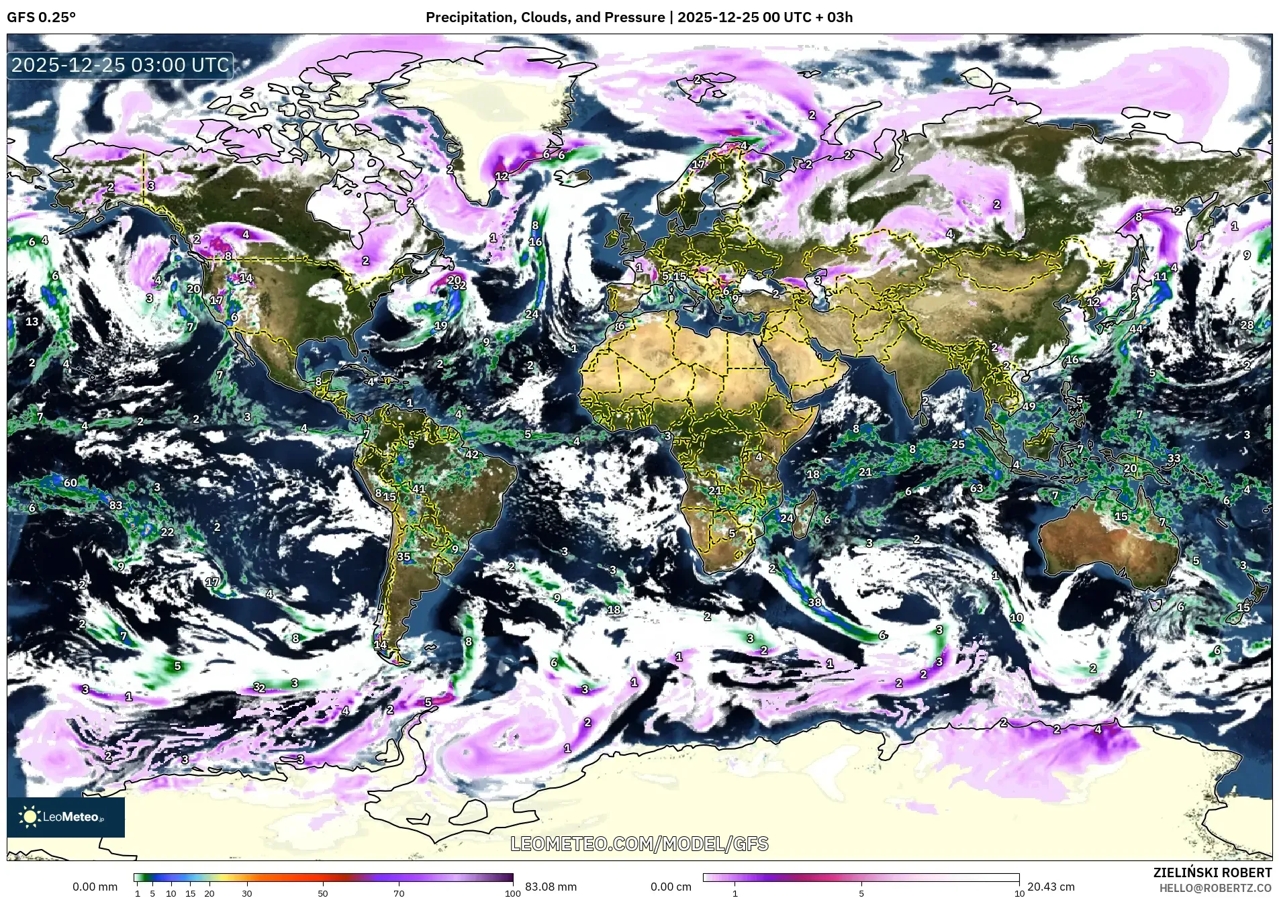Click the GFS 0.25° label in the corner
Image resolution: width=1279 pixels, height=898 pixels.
click(41, 17)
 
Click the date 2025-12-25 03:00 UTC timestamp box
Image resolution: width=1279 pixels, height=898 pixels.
click(121, 65)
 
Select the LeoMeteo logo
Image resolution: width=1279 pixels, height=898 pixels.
click(66, 817)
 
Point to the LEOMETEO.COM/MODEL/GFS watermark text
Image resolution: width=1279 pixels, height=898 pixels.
click(639, 844)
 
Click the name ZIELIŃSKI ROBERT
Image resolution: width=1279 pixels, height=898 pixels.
click(1212, 872)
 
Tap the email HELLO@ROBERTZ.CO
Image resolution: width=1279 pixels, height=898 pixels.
click(1215, 888)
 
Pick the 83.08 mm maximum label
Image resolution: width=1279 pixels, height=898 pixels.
click(551, 887)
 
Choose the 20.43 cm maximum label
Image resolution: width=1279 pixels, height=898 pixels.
click(1051, 887)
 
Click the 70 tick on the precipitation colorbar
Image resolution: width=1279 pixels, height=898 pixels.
click(399, 893)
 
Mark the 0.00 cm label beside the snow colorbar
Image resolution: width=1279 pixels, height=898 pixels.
click(671, 887)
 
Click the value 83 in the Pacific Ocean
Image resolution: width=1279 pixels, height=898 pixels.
click(116, 505)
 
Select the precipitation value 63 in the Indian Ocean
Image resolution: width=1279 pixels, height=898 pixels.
click(976, 489)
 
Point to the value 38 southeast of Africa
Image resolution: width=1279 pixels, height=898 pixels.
click(814, 602)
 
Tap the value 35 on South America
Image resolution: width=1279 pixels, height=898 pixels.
click(404, 556)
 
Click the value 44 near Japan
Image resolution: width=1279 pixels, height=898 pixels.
click(1135, 329)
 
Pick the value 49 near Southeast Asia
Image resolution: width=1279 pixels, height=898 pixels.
click(1029, 406)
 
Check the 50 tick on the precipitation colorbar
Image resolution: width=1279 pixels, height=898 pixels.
click(323, 893)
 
